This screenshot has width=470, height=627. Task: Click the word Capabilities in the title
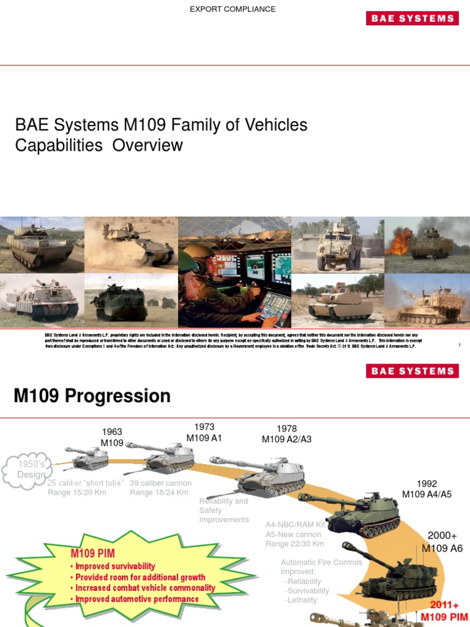coord(59,145)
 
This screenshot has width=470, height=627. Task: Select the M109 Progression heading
coord(92,396)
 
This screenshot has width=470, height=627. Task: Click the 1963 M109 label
coord(112,437)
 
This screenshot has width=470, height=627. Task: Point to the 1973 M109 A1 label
coord(204,432)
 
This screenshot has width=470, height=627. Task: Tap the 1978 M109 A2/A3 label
coord(286,434)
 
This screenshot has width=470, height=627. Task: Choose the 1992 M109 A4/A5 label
coord(427,489)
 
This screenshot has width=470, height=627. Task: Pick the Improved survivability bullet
coord(114,566)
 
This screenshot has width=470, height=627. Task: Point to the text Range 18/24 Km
coord(159,492)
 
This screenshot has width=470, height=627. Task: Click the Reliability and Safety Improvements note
coord(224,510)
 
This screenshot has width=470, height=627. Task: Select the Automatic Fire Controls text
coord(321,562)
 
